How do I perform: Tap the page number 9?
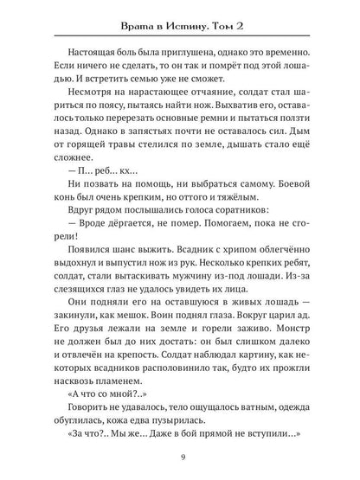tap(180, 457)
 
